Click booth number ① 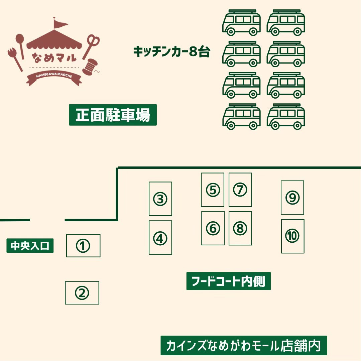[x=83, y=246]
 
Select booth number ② [x=82, y=293]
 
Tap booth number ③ [x=160, y=199]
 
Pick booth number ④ [x=160, y=238]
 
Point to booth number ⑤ [x=213, y=190]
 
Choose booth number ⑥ [x=213, y=228]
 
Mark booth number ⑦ [x=240, y=190]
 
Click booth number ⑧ [x=240, y=228]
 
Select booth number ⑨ [x=292, y=198]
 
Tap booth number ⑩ [x=292, y=236]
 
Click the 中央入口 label [x=30, y=246]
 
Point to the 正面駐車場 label [x=113, y=115]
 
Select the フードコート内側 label [x=228, y=281]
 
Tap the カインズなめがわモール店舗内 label [x=244, y=345]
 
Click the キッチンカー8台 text [x=171, y=52]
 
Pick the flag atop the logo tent [x=61, y=24]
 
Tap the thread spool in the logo [x=89, y=67]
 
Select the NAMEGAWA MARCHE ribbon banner [x=54, y=78]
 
